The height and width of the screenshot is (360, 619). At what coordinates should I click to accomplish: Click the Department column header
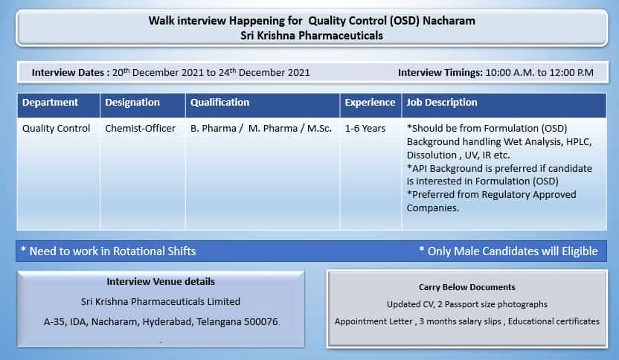(x=50, y=102)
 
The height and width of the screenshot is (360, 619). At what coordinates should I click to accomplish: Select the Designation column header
(x=132, y=103)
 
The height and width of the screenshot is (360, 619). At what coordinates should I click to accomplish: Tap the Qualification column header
(x=220, y=102)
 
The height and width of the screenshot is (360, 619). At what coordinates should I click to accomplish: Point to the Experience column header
(x=370, y=103)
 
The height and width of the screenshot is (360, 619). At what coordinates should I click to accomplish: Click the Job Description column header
(x=442, y=103)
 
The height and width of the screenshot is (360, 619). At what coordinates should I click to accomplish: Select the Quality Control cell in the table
(x=56, y=128)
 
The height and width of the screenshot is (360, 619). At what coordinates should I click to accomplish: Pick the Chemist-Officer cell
(x=140, y=128)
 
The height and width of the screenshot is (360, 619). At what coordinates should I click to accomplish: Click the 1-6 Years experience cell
(x=365, y=128)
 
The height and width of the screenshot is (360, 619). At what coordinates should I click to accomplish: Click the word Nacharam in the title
(x=449, y=21)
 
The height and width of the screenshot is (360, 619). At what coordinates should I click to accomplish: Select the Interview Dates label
(x=68, y=73)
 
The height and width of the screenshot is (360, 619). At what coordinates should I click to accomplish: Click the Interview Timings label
(x=440, y=73)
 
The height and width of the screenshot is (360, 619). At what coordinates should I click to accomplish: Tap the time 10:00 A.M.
(x=510, y=73)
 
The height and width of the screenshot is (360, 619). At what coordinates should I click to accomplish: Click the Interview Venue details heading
(x=161, y=281)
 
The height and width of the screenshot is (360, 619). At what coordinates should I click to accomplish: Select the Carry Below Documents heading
(x=467, y=287)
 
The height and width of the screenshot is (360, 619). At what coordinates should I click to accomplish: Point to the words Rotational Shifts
(x=154, y=251)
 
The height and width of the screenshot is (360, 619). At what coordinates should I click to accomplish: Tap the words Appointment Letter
(x=373, y=321)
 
